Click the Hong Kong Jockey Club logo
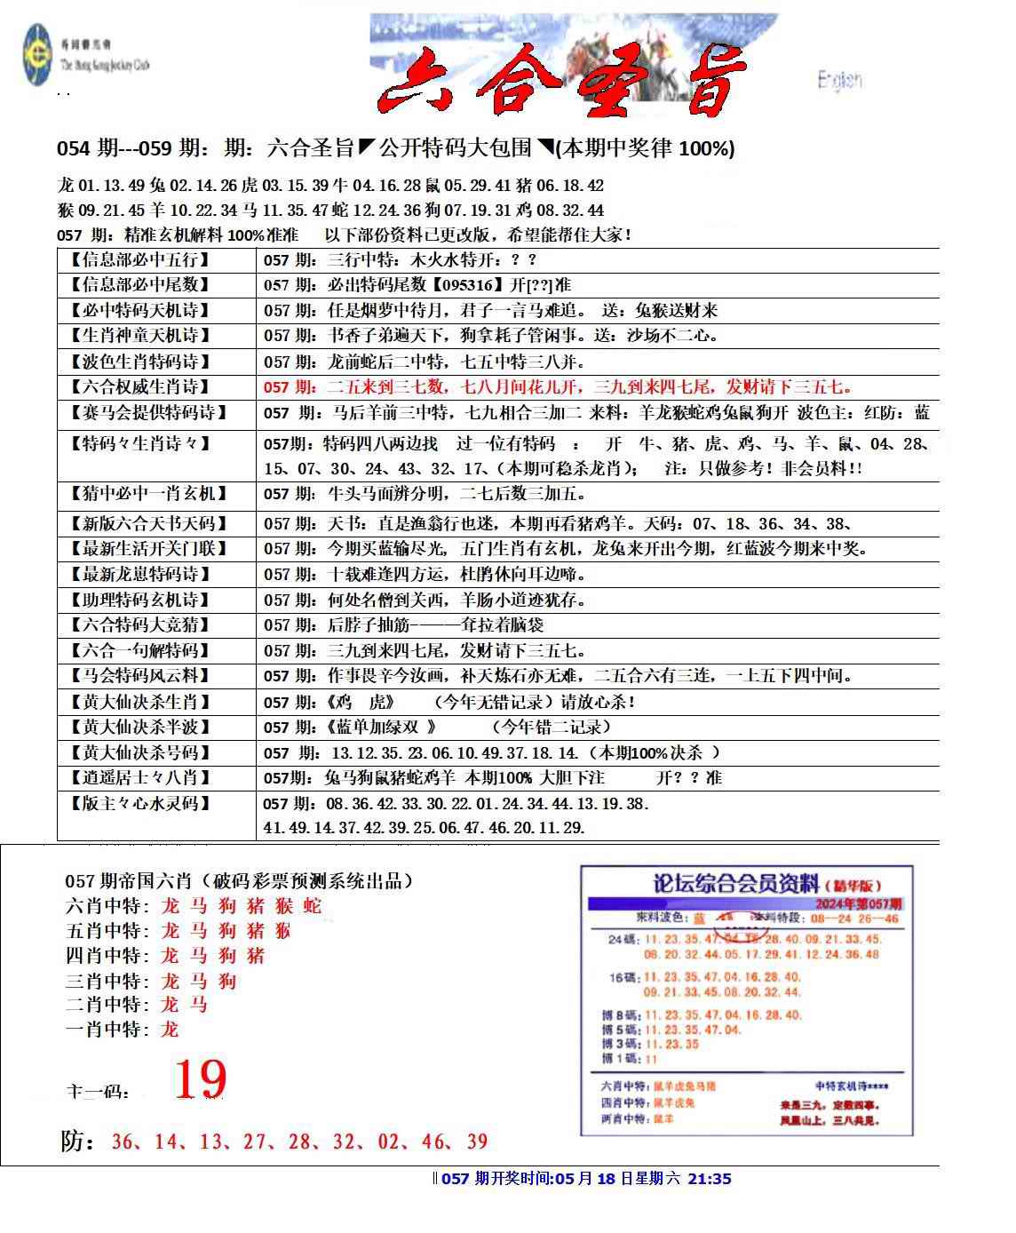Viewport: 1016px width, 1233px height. coord(38,54)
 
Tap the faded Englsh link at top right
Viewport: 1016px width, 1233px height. coord(839,81)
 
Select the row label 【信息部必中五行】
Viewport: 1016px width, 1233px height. coord(139,260)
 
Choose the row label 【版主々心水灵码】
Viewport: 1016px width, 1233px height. coord(139,803)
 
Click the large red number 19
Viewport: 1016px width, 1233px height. coord(200,1080)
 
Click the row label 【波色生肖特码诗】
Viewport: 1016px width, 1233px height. coord(139,362)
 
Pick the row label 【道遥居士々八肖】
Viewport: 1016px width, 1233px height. coord(139,777)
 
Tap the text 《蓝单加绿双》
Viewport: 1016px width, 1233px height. coord(384,727)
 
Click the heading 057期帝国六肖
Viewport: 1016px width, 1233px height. coord(238,881)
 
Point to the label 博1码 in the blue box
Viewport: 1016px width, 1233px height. coord(620,1059)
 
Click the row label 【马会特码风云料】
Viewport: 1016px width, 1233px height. coord(139,676)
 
